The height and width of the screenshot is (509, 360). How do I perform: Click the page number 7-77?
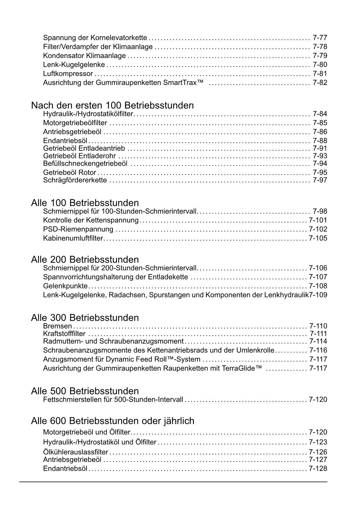[x=320, y=38]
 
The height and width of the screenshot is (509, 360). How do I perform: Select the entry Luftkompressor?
[x=68, y=74]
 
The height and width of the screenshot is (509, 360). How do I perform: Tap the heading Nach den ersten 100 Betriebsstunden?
[x=112, y=105]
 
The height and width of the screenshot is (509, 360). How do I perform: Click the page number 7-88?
[x=320, y=141]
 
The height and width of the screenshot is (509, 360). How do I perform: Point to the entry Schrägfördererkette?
[x=75, y=180]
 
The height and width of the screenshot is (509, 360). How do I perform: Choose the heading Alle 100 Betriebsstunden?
[x=85, y=203]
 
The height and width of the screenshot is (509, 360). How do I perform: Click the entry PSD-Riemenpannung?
[x=78, y=229]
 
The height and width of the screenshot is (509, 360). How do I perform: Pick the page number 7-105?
[x=318, y=238]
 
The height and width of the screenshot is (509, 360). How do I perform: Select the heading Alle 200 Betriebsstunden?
[x=85, y=259]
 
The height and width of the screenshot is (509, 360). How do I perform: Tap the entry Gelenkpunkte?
[x=65, y=286]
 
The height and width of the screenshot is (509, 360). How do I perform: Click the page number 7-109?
[x=318, y=295]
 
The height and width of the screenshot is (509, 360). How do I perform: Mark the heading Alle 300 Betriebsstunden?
[x=85, y=318]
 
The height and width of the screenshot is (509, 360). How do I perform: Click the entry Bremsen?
[x=57, y=326]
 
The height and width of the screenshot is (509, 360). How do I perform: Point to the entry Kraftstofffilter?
[x=64, y=334]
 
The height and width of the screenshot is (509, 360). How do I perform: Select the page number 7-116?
[x=318, y=350]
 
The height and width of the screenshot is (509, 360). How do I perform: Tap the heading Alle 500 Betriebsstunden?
[x=85, y=391]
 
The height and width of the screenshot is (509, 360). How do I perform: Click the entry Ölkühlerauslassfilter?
[x=75, y=452]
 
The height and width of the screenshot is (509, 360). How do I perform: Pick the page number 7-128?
[x=318, y=469]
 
